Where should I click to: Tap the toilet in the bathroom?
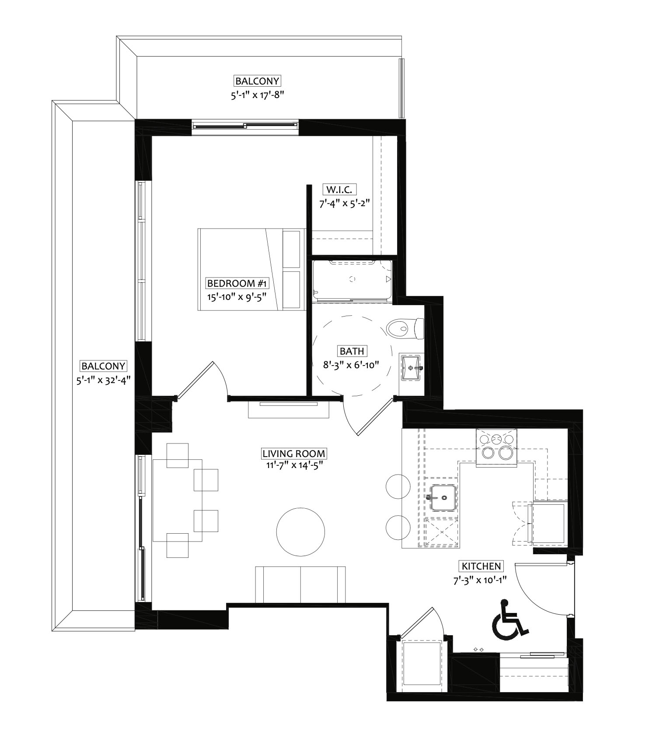405,328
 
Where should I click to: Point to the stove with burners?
496,448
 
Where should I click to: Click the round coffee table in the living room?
300,532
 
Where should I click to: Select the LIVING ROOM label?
293,453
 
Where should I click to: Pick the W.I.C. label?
339,190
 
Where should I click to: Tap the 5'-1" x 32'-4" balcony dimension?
104,380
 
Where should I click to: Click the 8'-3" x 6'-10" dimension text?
350,364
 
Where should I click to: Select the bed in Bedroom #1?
251,270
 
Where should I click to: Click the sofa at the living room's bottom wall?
300,585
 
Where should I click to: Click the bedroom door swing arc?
221,377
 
